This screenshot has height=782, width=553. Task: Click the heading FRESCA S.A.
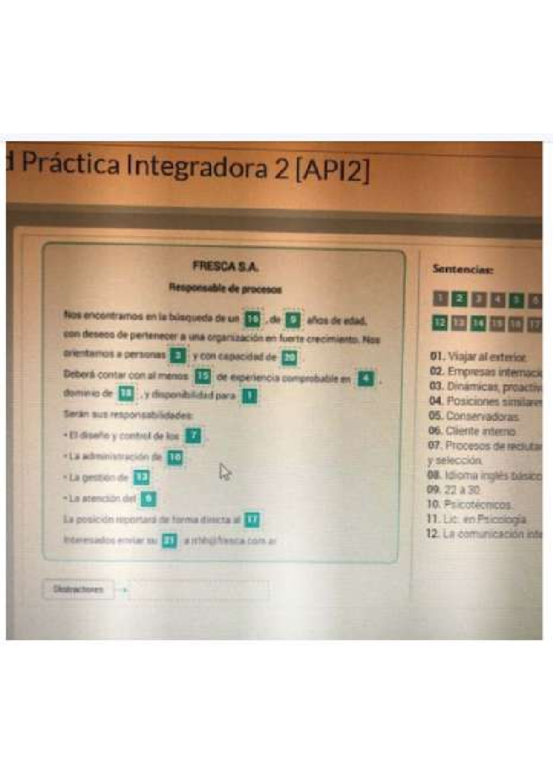tap(225, 266)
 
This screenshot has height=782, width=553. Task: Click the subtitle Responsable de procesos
tap(225, 289)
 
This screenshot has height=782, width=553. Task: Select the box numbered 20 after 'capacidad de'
tap(290, 357)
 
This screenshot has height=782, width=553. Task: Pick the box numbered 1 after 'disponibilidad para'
tap(249, 396)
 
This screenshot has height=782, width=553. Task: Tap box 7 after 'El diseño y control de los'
tap(193, 435)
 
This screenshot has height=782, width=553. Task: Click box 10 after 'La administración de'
tap(175, 457)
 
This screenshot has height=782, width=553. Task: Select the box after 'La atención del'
tap(148, 499)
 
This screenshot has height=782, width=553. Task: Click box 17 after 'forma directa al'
tap(252, 520)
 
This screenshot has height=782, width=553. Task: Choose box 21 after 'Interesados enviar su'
tap(170, 541)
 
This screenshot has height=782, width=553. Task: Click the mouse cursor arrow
tap(225, 472)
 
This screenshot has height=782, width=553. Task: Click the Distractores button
tap(78, 589)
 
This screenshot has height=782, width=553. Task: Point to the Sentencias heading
tap(463, 270)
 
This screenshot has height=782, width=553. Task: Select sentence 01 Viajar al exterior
tap(478, 356)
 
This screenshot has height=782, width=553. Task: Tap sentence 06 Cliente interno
tap(472, 431)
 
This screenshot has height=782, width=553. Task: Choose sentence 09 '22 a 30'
tap(454, 490)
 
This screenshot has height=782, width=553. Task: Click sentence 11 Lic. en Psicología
tap(477, 519)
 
